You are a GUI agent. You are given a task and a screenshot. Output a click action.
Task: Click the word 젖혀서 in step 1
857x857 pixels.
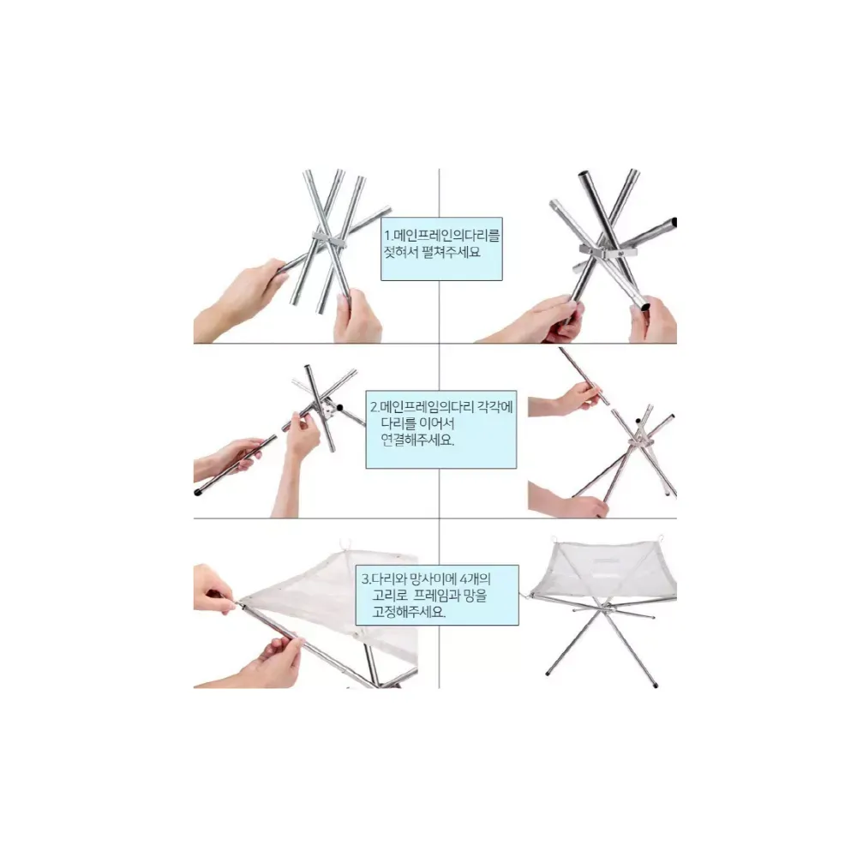401,252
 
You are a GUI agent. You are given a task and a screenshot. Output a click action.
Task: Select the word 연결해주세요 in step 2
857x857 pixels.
417,440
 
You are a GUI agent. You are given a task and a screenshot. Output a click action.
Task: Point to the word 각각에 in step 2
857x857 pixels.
495,406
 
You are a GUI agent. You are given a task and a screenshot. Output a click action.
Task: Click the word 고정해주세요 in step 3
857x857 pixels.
410,611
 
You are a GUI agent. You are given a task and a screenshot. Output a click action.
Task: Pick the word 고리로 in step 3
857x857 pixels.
390,595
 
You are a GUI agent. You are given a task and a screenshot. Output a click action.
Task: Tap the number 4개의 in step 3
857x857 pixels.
475,578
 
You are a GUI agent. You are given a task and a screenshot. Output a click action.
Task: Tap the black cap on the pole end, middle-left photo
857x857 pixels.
198,492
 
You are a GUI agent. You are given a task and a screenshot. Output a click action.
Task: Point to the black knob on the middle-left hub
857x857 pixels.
339,407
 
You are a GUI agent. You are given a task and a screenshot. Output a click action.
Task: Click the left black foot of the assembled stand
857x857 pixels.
548,674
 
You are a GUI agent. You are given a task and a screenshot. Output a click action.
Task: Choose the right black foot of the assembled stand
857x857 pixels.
656,685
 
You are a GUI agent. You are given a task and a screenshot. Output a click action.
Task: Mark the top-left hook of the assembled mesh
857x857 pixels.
554,540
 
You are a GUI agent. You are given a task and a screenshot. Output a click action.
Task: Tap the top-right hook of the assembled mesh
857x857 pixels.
661,538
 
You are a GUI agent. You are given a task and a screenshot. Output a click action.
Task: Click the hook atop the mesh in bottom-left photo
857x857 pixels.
345,544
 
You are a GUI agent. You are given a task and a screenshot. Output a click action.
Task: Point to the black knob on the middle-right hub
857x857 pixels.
638,422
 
